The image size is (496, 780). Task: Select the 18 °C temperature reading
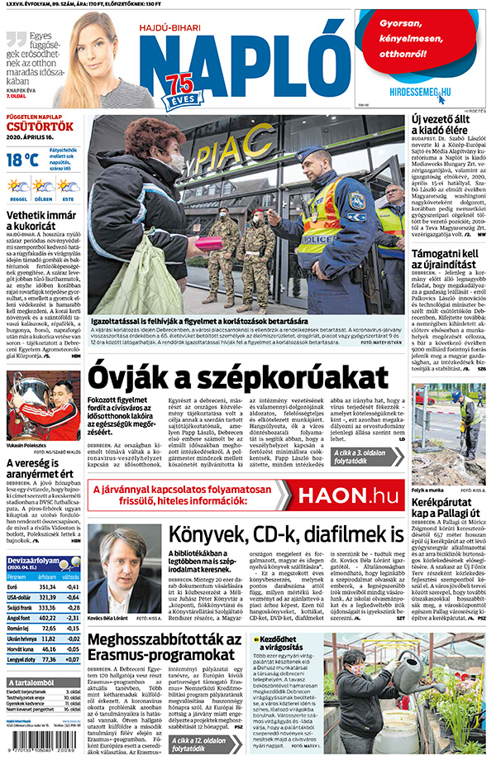coord(23,160)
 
